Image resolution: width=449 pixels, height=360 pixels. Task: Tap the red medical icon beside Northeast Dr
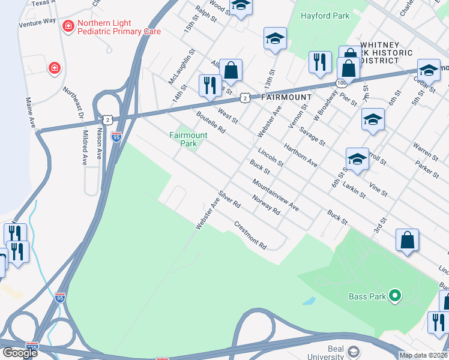[x=55, y=68]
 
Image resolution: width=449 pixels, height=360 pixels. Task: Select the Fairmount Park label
[x=188, y=139]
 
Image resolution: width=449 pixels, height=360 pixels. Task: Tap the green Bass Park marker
[x=394, y=295]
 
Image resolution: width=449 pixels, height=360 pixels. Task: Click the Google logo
[x=20, y=353]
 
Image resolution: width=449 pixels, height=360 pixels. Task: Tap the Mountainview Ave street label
[x=276, y=195]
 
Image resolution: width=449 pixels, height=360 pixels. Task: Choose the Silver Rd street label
[x=229, y=199]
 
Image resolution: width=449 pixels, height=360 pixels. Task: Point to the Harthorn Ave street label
[x=300, y=155]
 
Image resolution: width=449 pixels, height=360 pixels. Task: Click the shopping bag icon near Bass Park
[x=407, y=240]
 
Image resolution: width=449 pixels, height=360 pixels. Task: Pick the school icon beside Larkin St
[x=357, y=159]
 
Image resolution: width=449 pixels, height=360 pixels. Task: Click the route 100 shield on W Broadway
[x=341, y=82]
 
